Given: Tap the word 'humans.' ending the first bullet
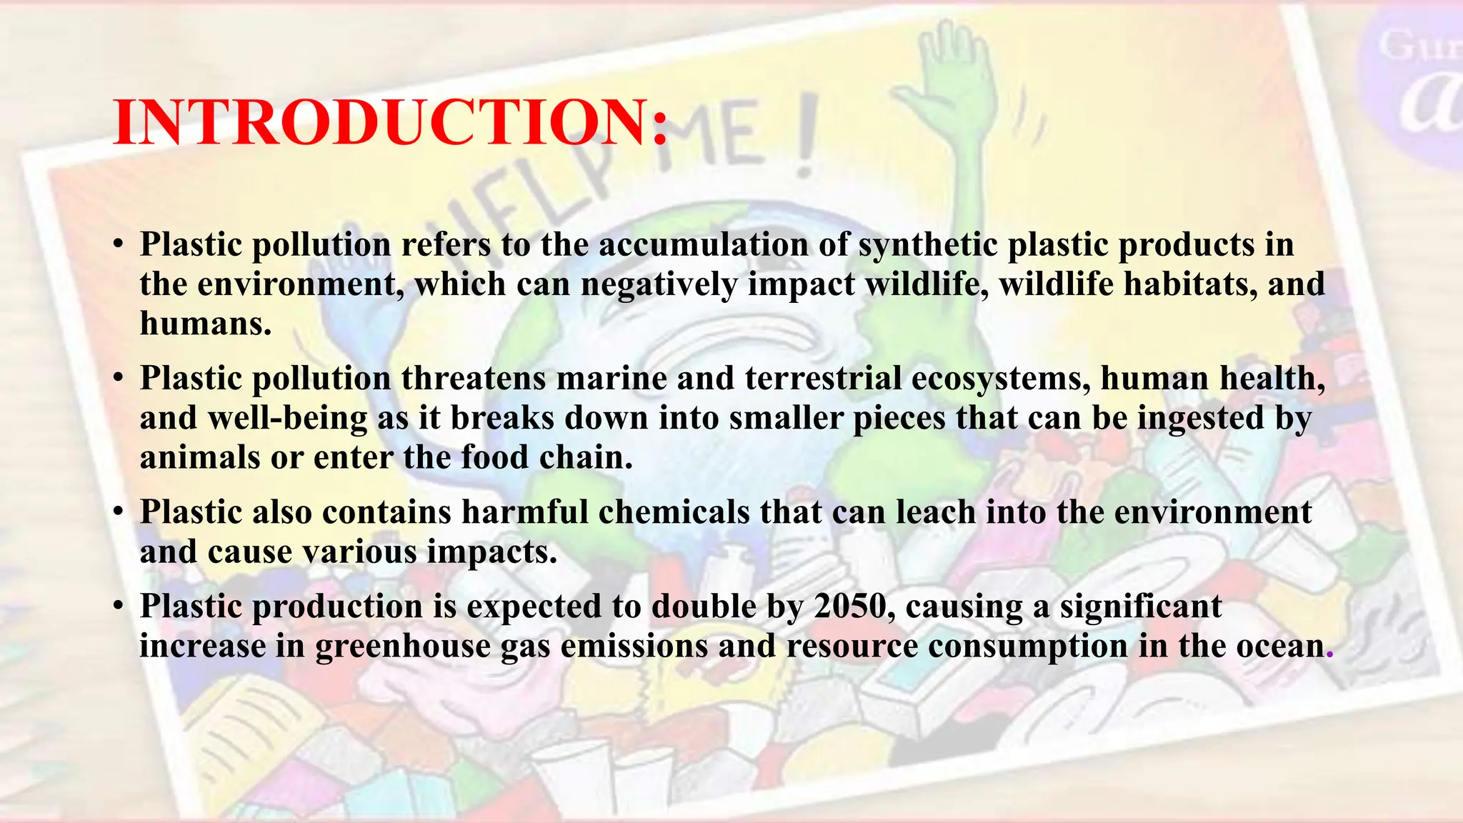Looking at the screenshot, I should coord(206,323).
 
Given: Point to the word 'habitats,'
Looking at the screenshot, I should coord(1190,284).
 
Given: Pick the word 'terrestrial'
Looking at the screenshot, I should coord(823,378).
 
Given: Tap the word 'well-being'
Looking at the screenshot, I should coord(288,417).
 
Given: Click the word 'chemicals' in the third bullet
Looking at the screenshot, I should coord(674,512).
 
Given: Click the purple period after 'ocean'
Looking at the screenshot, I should coord(1329,654).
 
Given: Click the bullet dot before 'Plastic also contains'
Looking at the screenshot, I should coord(119,512).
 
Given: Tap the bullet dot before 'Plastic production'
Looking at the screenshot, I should coord(119,607).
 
